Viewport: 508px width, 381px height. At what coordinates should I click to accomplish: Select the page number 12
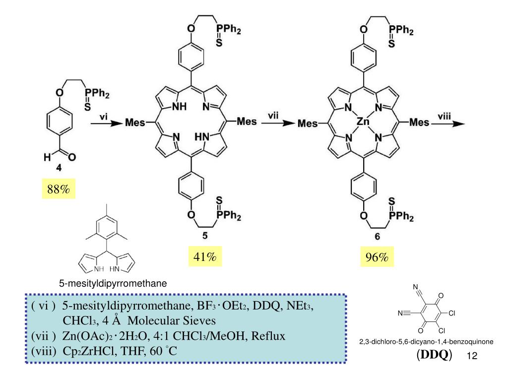472,356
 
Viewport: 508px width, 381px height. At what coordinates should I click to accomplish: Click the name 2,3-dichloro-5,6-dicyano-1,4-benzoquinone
427,342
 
